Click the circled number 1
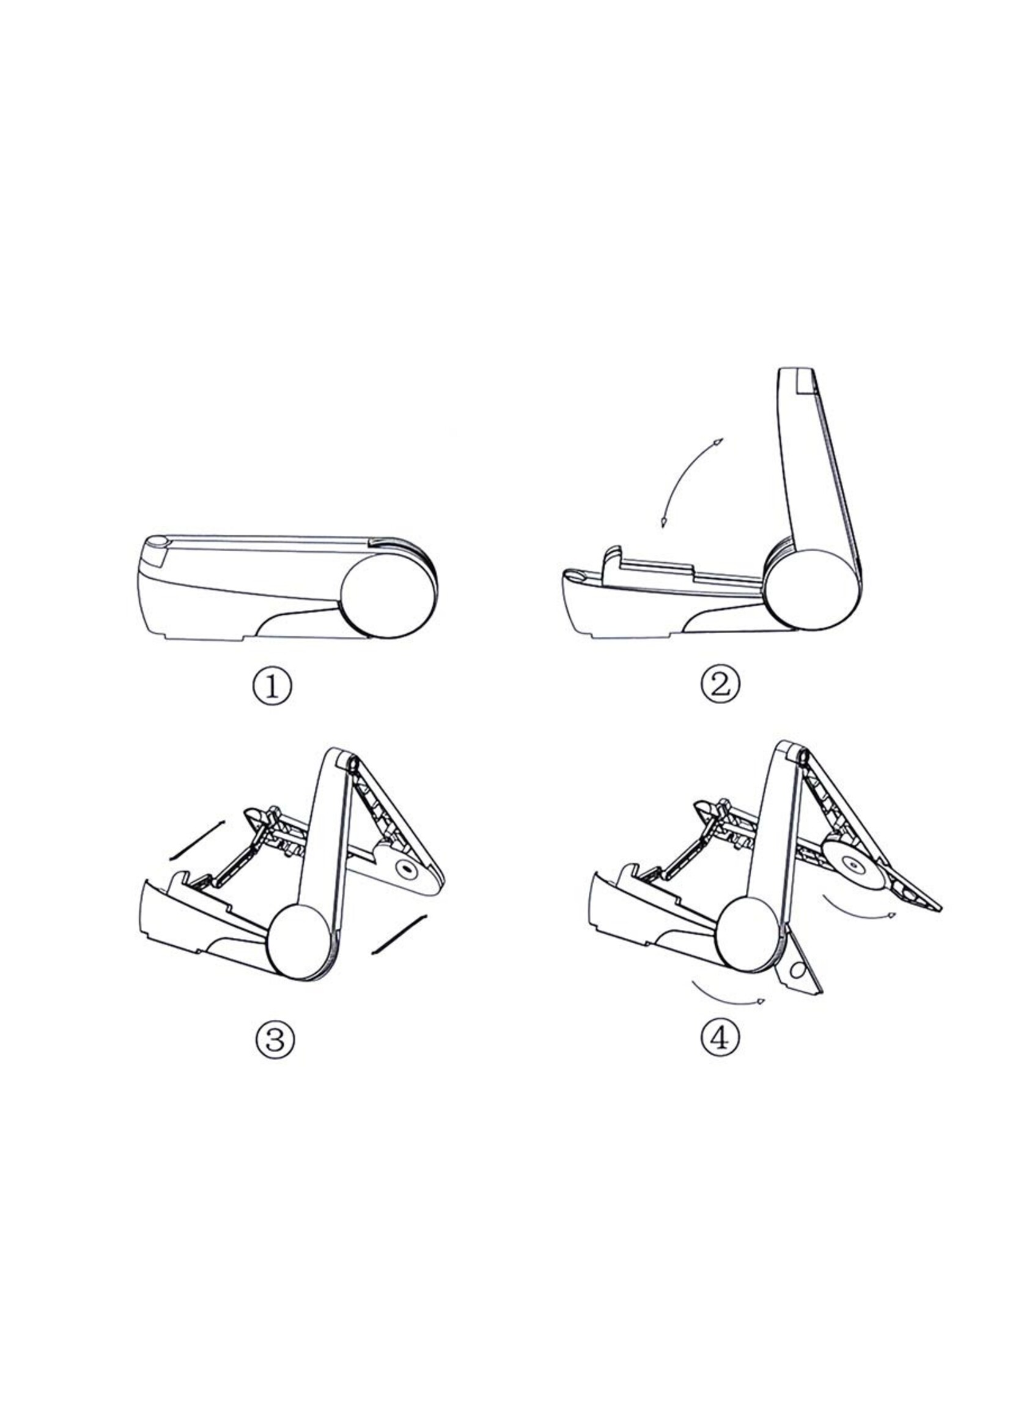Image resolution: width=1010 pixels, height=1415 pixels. [272, 686]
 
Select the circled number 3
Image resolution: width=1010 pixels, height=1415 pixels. [275, 1039]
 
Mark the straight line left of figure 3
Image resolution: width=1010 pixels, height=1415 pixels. [196, 840]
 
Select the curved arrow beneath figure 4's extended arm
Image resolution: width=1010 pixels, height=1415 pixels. [858, 912]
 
